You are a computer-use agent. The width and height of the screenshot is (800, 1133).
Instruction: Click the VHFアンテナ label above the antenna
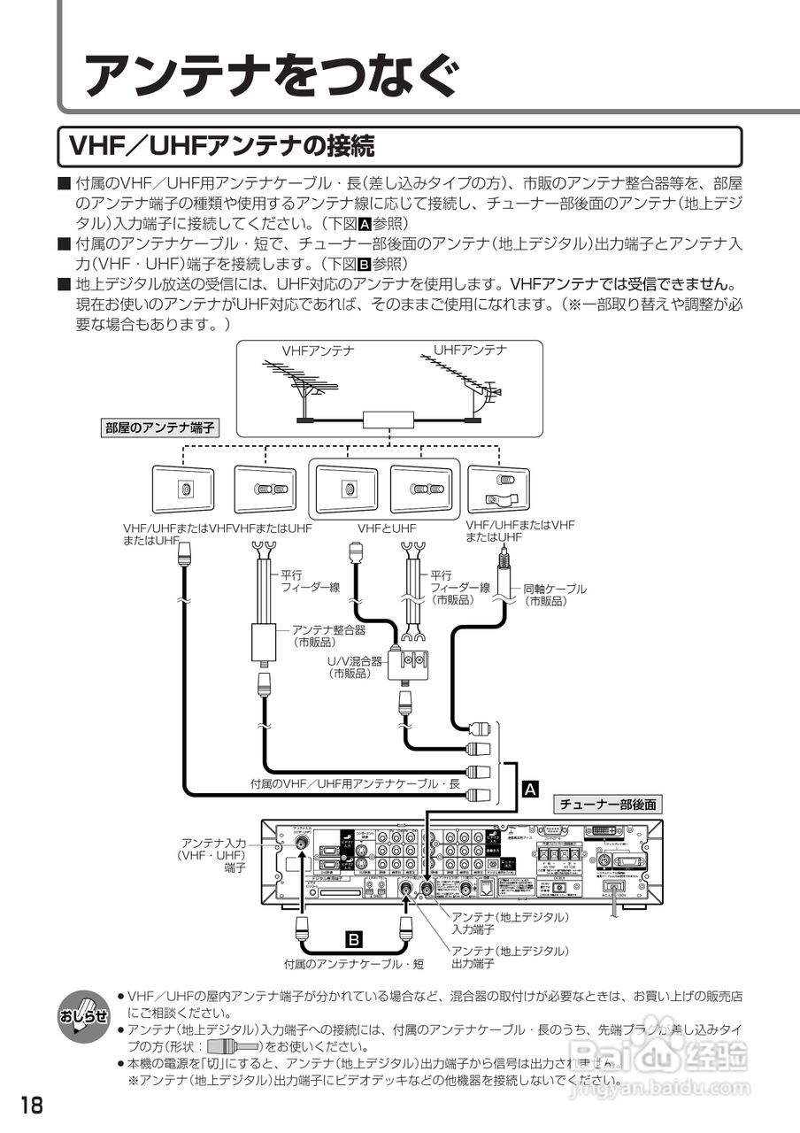coord(318,351)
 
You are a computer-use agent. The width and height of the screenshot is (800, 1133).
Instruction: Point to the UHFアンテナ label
coord(470,350)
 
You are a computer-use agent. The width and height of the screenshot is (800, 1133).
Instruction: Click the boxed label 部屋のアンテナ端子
coord(159,428)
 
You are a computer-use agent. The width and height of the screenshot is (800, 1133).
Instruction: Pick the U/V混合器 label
coord(354,667)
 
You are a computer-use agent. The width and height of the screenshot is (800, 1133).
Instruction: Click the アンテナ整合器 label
coord(328,636)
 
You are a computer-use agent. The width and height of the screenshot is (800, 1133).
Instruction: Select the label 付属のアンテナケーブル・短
coord(353,963)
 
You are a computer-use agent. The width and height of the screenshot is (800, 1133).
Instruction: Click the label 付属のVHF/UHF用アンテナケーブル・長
coord(355,784)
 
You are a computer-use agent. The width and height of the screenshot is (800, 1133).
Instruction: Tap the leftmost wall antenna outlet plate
coord(183,489)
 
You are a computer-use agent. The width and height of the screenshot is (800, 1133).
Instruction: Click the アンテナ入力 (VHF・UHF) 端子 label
coord(212,856)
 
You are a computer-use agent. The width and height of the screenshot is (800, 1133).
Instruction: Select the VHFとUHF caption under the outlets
coord(387,528)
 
